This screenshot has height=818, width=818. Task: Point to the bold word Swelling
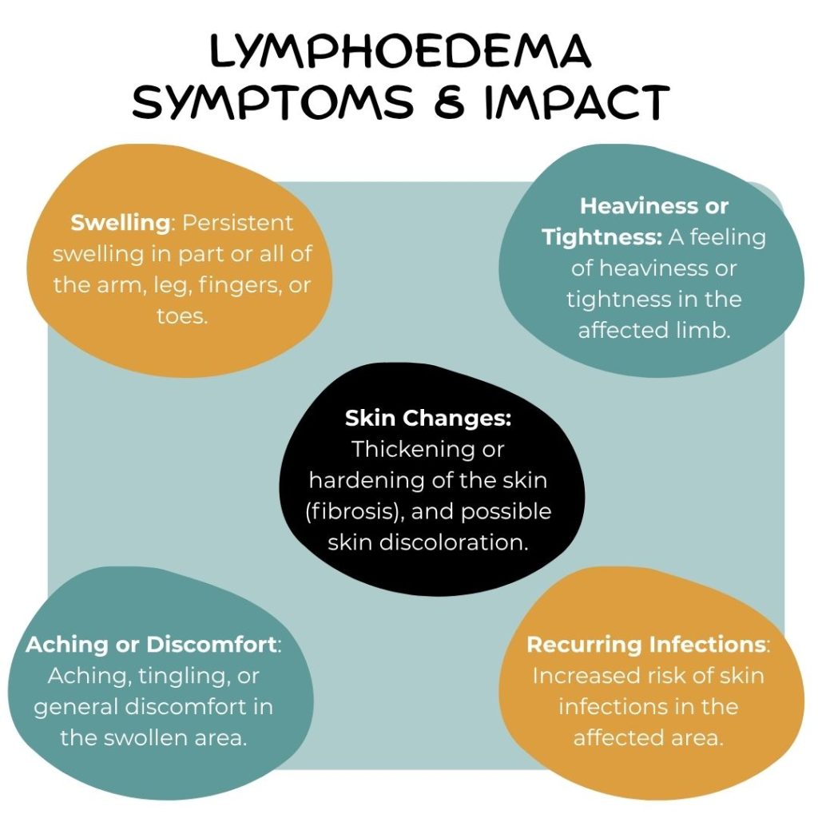(121, 223)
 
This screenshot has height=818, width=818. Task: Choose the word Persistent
(238, 223)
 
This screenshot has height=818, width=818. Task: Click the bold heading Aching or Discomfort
(152, 644)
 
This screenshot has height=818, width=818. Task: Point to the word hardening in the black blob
(363, 479)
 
